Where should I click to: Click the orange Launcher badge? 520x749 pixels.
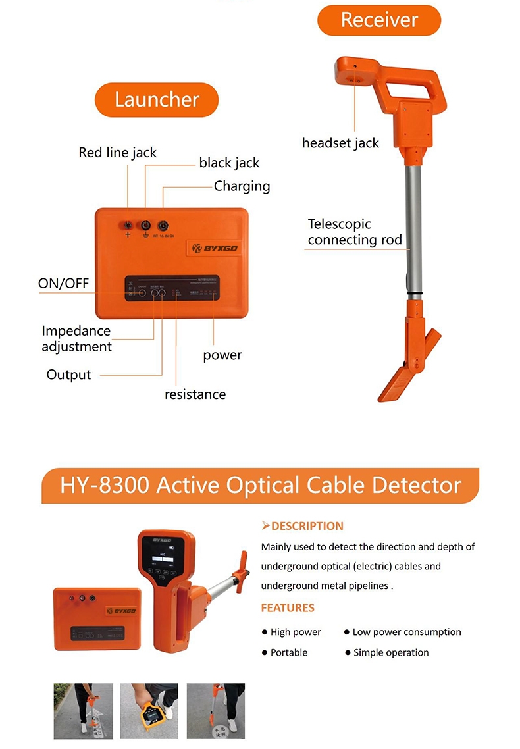point(157,99)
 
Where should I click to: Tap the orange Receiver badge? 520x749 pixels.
point(379,20)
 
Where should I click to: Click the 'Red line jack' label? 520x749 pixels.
point(117,153)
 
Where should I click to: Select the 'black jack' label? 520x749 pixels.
point(229,163)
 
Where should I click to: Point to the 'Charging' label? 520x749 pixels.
point(242,186)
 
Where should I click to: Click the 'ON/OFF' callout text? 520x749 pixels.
point(63,284)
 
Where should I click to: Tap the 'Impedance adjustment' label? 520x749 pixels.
point(76,338)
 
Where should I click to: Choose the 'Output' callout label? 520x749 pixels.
point(68,374)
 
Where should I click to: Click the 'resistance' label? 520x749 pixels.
point(195,394)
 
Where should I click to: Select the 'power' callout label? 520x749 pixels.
point(222,355)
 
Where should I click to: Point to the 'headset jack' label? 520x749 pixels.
point(340,142)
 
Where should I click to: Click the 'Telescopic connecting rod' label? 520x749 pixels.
point(354,232)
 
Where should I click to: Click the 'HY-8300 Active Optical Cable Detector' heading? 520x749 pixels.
point(260,485)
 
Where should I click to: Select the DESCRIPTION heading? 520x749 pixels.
point(303,526)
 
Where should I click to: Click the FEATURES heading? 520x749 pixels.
point(288,607)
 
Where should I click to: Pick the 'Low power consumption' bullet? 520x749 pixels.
point(406,632)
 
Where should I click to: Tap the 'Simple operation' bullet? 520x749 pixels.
point(390,653)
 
